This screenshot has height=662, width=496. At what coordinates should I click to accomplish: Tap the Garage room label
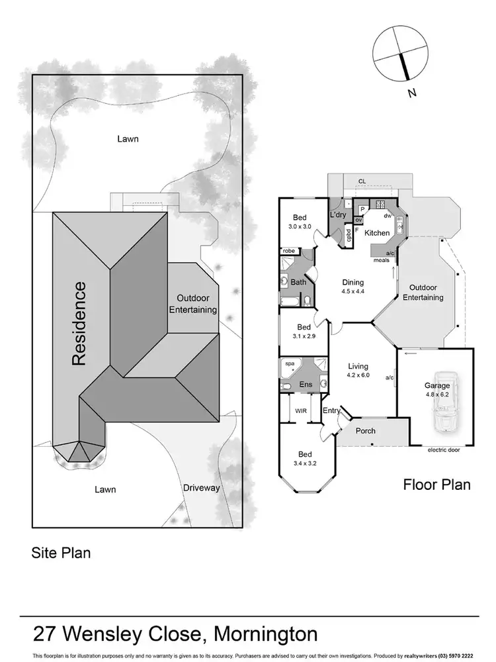[437, 385]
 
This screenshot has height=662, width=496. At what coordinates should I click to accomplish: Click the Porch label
[366, 431]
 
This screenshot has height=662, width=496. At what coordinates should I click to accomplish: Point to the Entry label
[331, 411]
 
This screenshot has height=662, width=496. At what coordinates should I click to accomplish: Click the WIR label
[302, 411]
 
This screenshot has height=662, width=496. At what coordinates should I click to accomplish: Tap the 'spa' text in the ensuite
[288, 363]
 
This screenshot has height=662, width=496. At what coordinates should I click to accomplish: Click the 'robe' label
[288, 252]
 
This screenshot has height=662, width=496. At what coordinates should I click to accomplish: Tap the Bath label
[298, 283]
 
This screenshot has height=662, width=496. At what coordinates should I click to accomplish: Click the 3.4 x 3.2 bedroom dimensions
[304, 463]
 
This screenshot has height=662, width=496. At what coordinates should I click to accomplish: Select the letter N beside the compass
[411, 93]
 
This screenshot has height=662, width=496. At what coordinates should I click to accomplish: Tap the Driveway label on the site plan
[201, 489]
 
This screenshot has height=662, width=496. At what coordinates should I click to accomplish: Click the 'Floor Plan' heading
[436, 485]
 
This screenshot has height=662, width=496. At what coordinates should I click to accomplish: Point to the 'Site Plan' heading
[62, 552]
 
